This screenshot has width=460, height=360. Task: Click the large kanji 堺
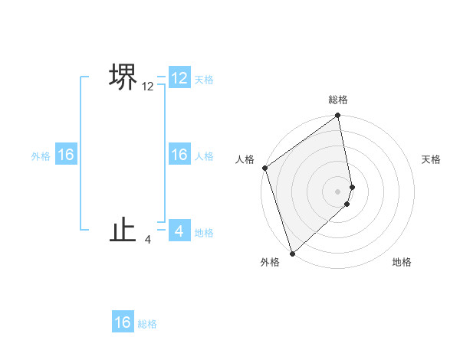point(123,77)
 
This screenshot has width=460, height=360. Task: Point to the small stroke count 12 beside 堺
point(148,87)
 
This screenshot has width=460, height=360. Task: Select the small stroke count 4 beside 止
point(148,240)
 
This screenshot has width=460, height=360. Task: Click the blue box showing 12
point(179,78)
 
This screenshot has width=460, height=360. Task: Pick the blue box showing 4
point(179,230)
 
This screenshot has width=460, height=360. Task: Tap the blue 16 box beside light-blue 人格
point(179,155)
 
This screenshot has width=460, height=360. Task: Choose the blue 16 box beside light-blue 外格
point(66,155)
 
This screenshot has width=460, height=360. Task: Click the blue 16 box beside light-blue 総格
point(123,322)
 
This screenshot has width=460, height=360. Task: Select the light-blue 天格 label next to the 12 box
point(204,80)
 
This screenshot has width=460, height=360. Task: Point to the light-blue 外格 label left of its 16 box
point(41,156)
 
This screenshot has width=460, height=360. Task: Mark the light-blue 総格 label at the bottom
point(147,324)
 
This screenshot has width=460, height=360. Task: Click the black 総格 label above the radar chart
point(338,100)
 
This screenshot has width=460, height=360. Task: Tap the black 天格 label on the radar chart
point(432,159)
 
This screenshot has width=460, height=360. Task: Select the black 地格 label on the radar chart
point(402,262)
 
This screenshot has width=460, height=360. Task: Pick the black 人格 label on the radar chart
point(245,159)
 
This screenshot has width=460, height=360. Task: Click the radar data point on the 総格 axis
point(338,116)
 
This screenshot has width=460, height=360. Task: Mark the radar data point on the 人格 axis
point(264,168)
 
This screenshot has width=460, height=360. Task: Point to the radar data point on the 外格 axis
point(292,253)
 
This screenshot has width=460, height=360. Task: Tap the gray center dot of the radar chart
point(338,191)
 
